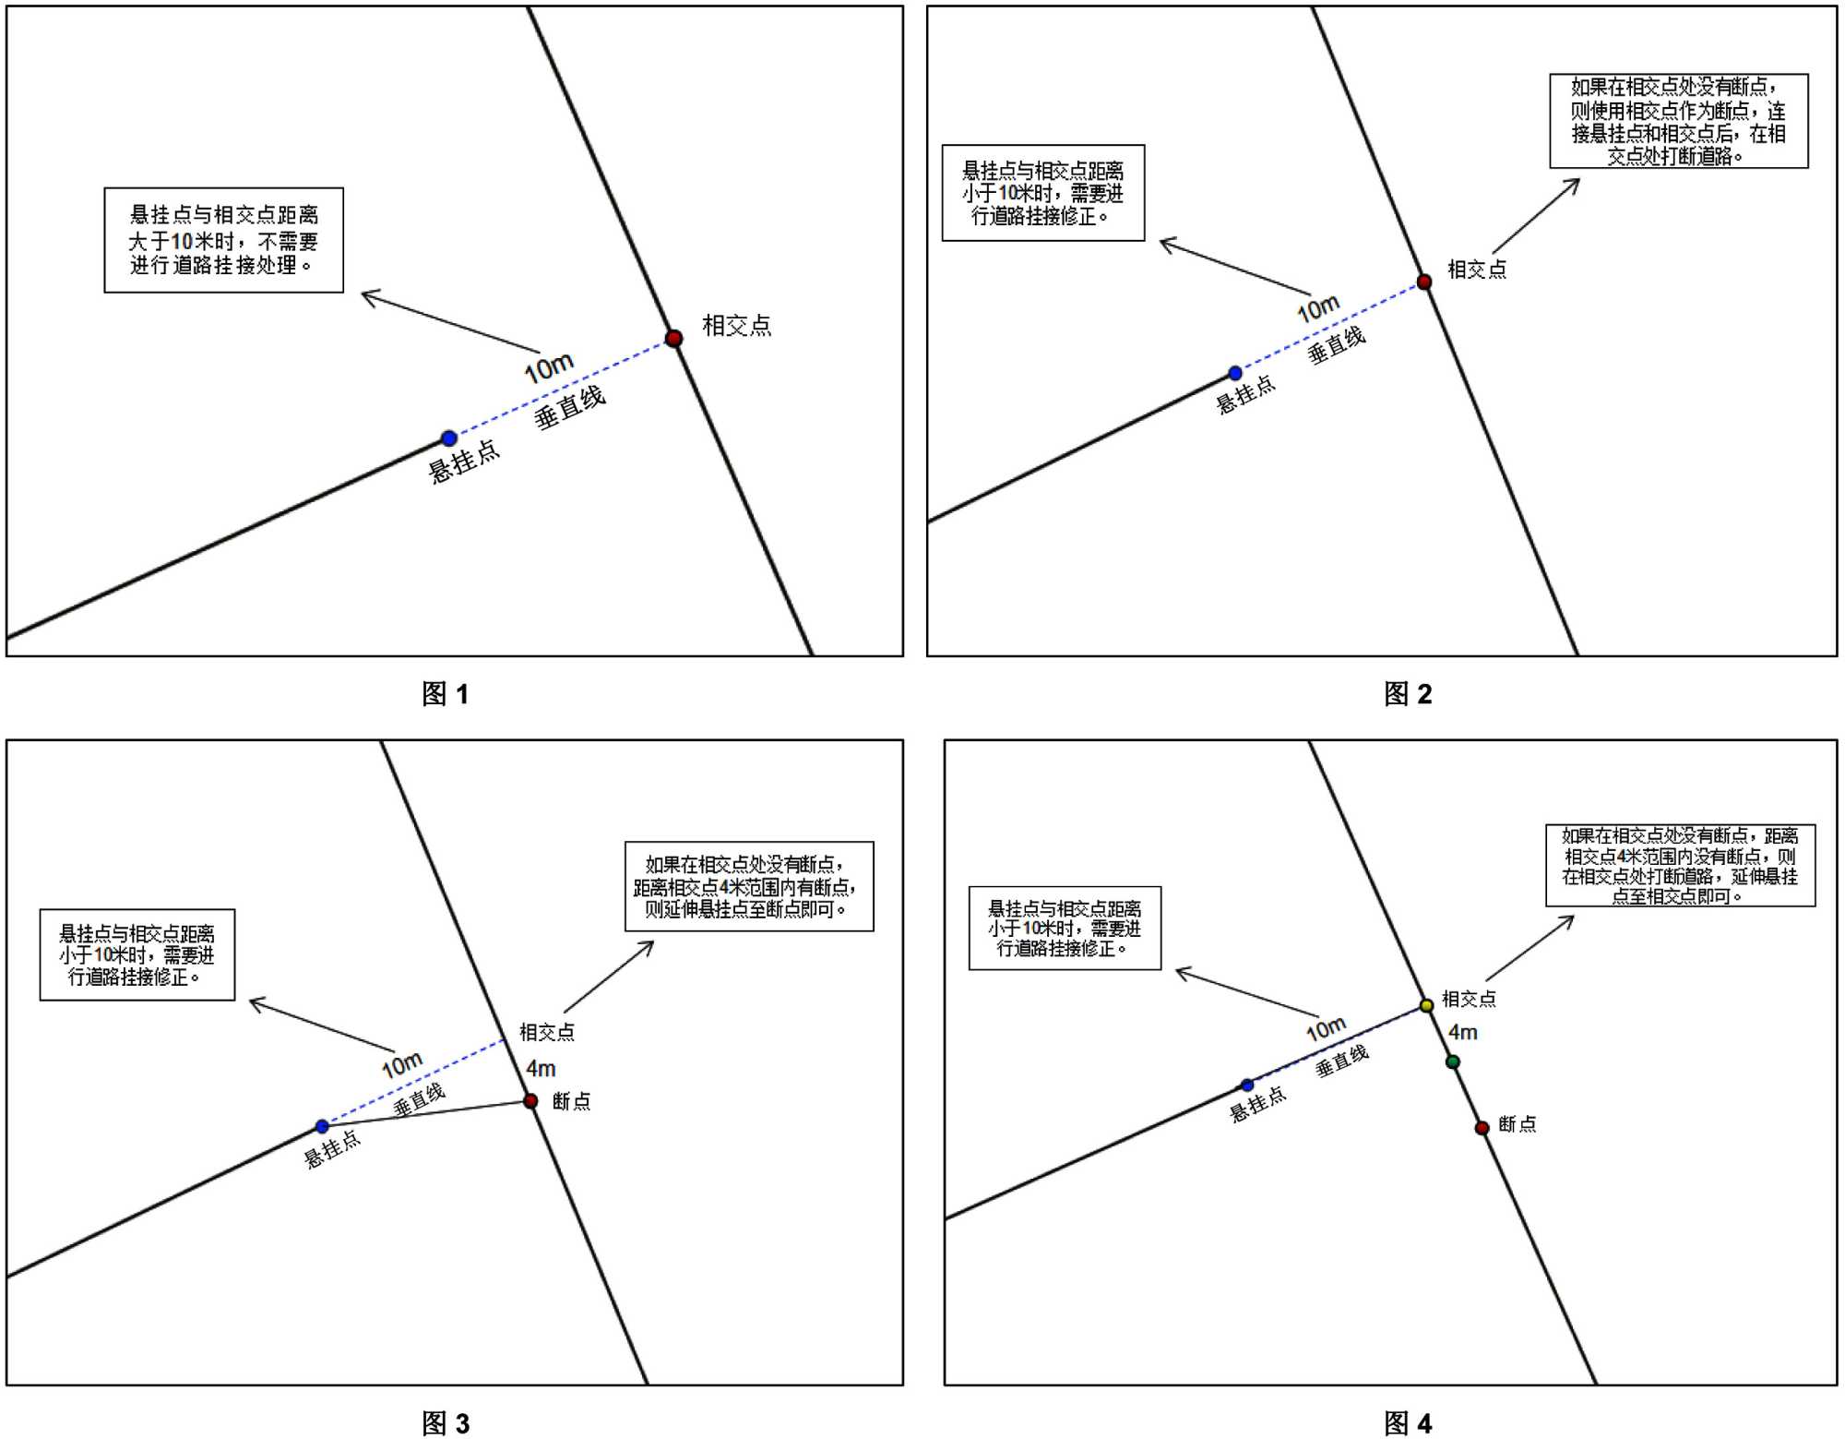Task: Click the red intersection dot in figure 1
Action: click(673, 338)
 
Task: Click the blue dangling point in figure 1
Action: click(448, 438)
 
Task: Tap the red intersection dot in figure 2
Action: click(1424, 282)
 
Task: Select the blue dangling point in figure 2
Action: click(1235, 374)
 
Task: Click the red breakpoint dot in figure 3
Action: click(530, 1100)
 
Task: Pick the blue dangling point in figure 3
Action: click(322, 1126)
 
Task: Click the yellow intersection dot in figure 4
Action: click(1426, 1005)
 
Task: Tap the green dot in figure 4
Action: click(1453, 1062)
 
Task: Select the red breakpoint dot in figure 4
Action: click(1482, 1128)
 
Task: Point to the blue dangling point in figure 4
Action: click(1247, 1085)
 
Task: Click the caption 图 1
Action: click(446, 694)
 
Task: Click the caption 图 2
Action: click(1408, 694)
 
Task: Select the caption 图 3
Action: click(446, 1423)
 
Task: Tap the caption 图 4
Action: click(1408, 1423)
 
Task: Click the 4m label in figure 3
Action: click(541, 1069)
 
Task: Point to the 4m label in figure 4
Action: click(1463, 1033)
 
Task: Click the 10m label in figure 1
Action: click(549, 368)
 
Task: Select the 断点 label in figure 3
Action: click(572, 1101)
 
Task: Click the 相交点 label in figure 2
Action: click(1477, 270)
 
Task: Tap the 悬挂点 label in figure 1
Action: click(464, 462)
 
